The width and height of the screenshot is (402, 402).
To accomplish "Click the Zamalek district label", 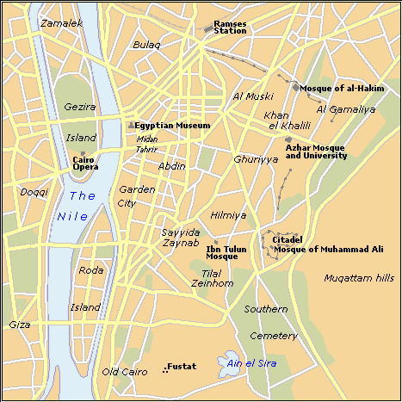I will point(38,23).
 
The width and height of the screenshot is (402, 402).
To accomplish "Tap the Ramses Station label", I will point(230,27).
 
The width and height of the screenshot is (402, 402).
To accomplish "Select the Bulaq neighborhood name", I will point(146,43).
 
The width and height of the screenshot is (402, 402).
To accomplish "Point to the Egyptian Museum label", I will point(172,126).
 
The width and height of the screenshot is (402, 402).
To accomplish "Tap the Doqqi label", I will point(34,192).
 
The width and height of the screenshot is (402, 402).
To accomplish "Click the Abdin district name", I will point(171,165).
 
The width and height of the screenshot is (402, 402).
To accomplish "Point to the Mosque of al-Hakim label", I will point(342,89).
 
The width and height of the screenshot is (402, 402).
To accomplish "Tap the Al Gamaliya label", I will point(346,109).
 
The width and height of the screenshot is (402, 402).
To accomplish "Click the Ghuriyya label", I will point(255,159).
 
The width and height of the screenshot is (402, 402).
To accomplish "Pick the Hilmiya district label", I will point(228,215).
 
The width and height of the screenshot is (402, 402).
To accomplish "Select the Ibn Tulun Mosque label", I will point(227,252).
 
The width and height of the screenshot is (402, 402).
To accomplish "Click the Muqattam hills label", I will point(358,277).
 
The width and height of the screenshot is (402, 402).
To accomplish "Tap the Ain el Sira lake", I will point(230,362).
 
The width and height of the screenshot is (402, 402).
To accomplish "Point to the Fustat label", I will point(182,367).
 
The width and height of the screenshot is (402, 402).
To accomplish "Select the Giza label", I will point(19,325).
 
